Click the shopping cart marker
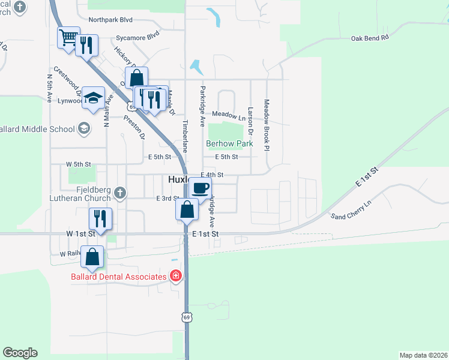click(68, 38)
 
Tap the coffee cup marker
click(201, 188)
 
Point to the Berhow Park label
click(229, 144)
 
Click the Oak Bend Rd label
click(370, 37)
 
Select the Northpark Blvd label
click(110, 19)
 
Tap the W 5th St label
click(78, 164)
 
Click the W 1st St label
click(81, 233)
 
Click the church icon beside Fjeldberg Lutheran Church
click(119, 193)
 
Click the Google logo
click(20, 353)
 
